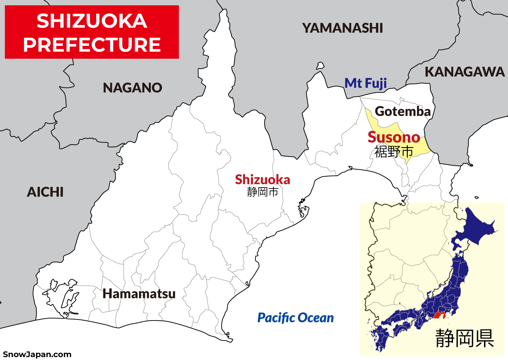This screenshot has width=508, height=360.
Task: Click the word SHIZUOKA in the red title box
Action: (92, 21)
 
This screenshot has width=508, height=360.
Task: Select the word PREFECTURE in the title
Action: (92, 45)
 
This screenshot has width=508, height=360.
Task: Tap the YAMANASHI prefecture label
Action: (343, 28)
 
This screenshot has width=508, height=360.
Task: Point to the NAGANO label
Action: (132, 88)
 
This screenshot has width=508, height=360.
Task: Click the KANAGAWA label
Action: (465, 72)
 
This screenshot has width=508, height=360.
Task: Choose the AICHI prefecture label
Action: (45, 192)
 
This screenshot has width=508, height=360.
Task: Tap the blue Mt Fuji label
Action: (365, 83)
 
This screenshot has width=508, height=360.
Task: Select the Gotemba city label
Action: (403, 111)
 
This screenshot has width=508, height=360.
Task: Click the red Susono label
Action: (394, 137)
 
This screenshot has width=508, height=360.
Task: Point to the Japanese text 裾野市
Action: (394, 152)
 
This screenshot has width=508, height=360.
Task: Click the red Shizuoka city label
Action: (262, 180)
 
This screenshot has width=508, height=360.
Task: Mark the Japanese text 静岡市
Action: (262, 192)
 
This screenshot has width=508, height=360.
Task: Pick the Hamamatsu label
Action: (139, 294)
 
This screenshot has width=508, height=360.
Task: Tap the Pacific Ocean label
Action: (295, 318)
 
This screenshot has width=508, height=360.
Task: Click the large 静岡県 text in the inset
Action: (465, 338)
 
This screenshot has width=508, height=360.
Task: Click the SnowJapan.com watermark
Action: (37, 354)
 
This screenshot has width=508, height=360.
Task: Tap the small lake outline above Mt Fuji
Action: (320, 66)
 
